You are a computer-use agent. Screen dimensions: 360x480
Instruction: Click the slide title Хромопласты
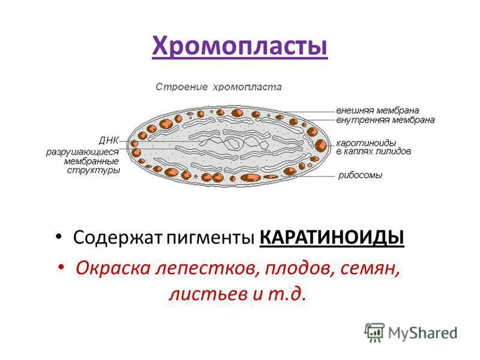coord(240,46)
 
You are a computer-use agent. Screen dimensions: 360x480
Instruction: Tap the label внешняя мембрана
coord(377,111)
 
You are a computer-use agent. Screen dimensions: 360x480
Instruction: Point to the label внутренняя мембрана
coord(385,120)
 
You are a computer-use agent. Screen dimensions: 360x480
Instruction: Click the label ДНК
coord(109,140)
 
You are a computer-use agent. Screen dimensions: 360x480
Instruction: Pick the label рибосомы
coord(360,175)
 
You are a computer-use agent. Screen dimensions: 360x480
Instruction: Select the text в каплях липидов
coord(373,152)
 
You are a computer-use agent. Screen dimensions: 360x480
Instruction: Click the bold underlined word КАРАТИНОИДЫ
coord(332,238)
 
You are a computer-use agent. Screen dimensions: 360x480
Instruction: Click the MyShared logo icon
coord(374,332)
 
